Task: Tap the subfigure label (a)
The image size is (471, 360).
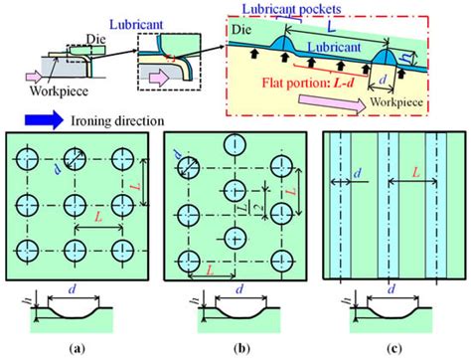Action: (76, 349)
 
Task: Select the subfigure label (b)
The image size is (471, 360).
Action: (236, 349)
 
